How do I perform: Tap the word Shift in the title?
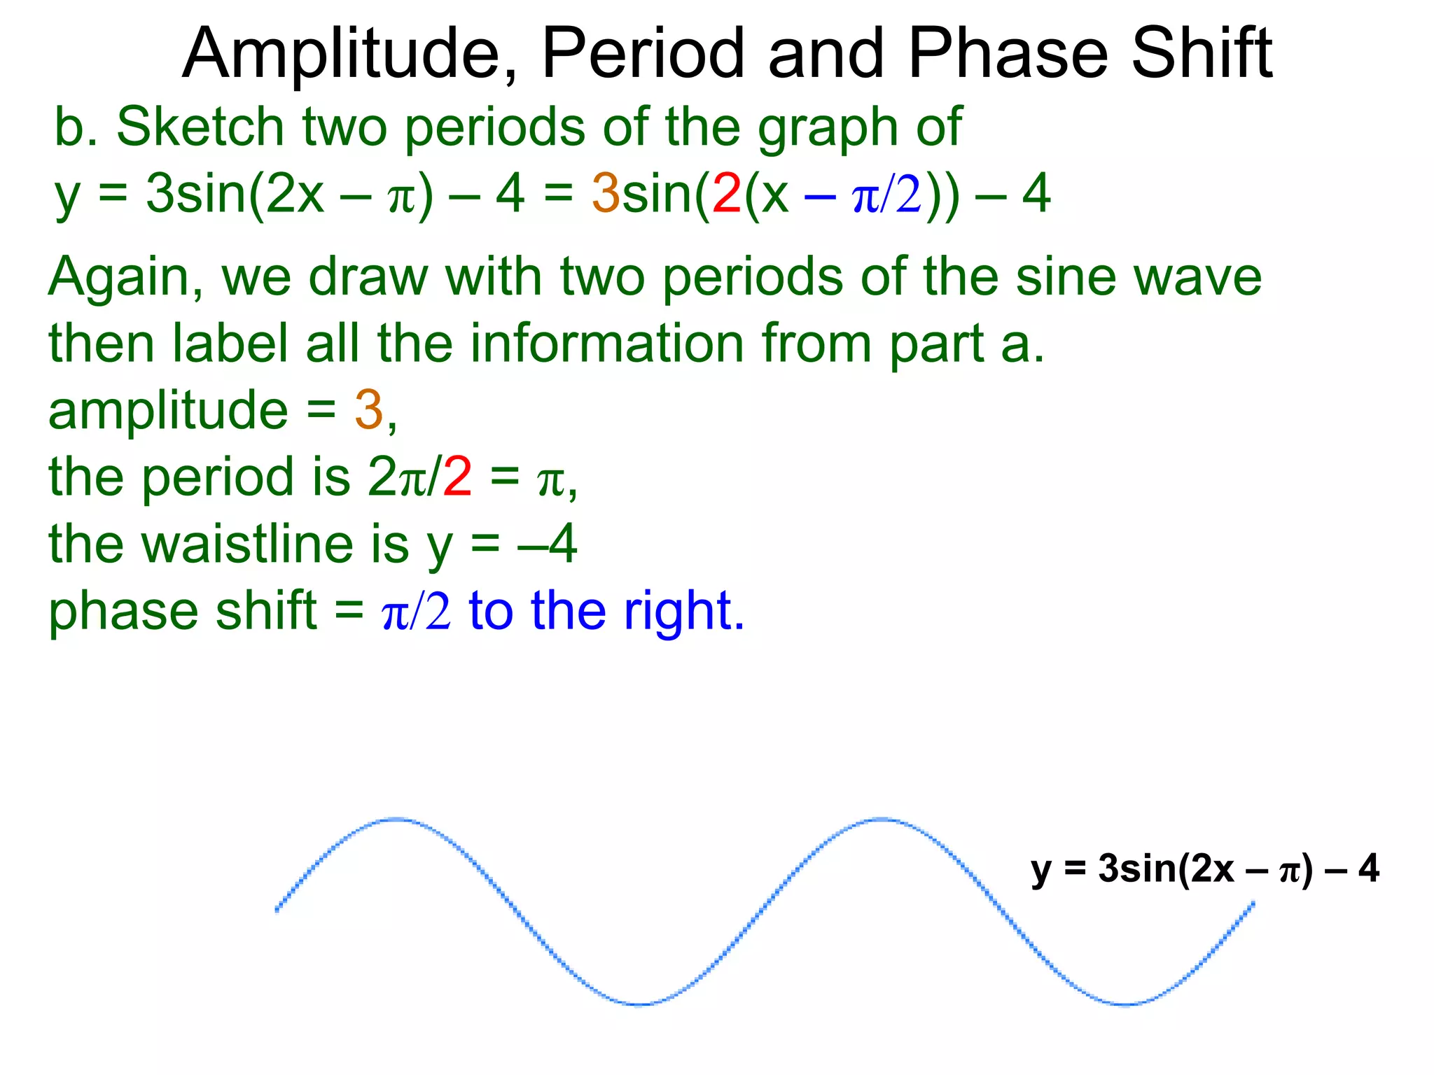coord(1202,55)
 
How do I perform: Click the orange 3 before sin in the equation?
coord(606,194)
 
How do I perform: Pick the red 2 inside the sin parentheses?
coord(726,194)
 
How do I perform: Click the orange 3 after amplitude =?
coord(368,411)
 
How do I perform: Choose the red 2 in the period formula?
coord(457,478)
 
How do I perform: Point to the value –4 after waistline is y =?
coord(548,544)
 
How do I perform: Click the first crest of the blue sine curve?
coord(396,819)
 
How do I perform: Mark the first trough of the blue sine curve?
coord(639,1004)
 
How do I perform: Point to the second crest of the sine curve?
coord(881,819)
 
